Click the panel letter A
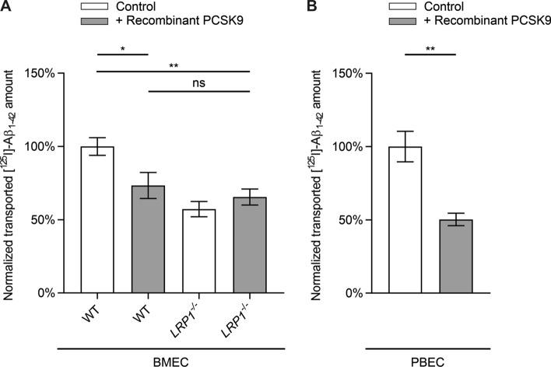7,8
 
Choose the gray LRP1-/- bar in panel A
250,245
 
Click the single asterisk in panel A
122,47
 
